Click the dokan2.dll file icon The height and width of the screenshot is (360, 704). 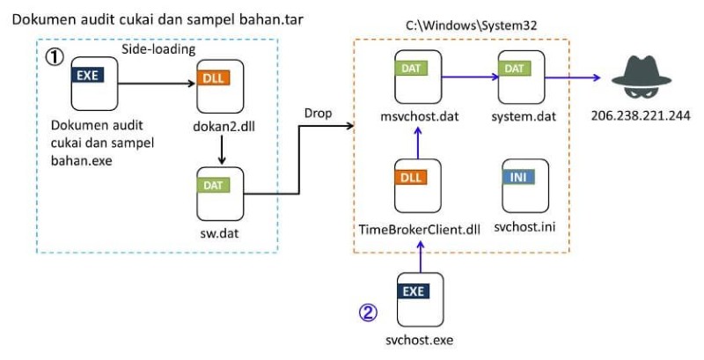[x=218, y=86]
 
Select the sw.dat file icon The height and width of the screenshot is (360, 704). [x=218, y=191]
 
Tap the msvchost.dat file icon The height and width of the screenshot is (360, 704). [x=417, y=77]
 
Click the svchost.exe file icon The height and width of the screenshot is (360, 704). [x=417, y=298]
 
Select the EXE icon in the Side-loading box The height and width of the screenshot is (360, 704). [x=92, y=85]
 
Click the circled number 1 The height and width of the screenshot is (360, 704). [x=55, y=56]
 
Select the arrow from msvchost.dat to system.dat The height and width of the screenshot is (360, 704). [x=469, y=77]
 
